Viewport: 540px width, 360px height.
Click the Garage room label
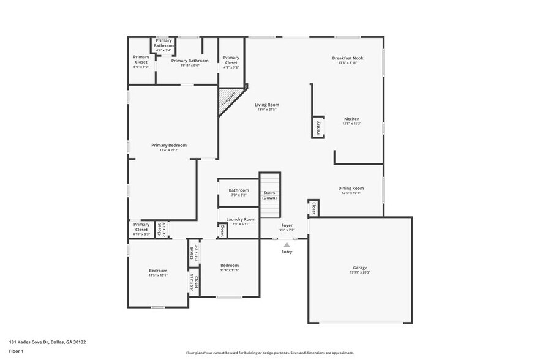tap(360, 268)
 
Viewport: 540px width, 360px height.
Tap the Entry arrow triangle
tap(287, 244)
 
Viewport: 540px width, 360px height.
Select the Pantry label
tap(318, 127)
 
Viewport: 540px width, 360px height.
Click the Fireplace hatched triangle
tap(229, 99)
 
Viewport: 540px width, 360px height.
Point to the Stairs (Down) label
tap(270, 195)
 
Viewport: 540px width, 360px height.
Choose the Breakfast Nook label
tap(347, 58)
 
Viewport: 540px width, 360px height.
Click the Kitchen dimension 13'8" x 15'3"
tap(351, 124)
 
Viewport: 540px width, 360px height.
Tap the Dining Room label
tap(351, 188)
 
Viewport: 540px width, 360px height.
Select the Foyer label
tap(287, 225)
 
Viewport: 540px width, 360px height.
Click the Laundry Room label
tap(241, 219)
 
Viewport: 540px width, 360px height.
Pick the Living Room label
tap(267, 105)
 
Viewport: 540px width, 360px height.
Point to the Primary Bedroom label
tap(169, 145)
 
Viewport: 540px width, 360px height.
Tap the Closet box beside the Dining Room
tap(313, 208)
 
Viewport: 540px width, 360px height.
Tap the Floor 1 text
tap(16, 351)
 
